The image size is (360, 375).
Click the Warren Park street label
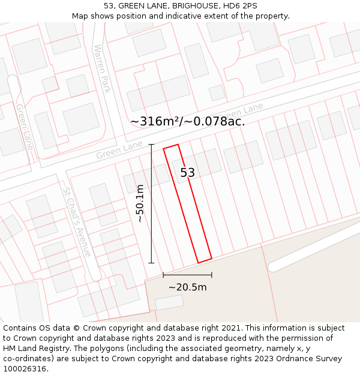pyautogui.click(x=101, y=68)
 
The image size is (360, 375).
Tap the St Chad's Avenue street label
pyautogui.click(x=76, y=223)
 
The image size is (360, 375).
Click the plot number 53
pyautogui.click(x=188, y=173)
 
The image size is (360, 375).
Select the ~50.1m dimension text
pyautogui.click(x=140, y=203)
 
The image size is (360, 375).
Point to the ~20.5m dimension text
pyautogui.click(x=187, y=287)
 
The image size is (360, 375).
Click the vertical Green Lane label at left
pyautogui.click(x=25, y=127)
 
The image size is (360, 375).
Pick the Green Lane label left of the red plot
pyautogui.click(x=119, y=151)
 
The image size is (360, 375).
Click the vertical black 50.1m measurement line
pyautogui.click(x=151, y=203)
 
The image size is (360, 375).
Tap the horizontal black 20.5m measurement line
pyautogui.click(x=187, y=275)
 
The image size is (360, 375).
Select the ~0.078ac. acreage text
pyautogui.click(x=214, y=121)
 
